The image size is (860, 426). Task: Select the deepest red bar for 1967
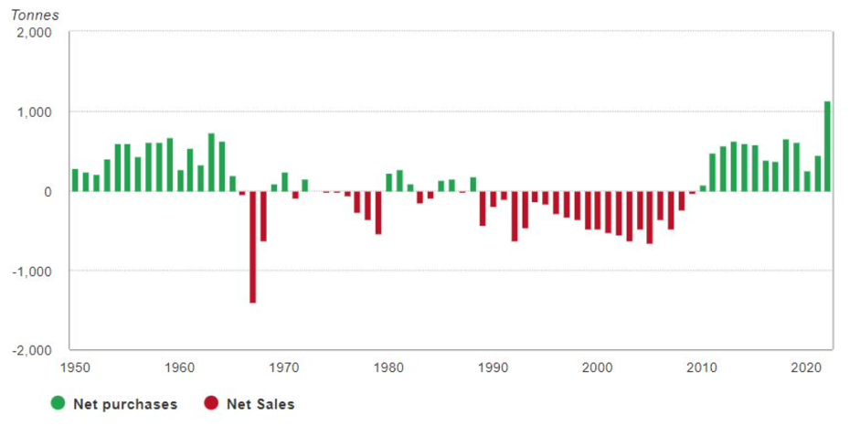(x=252, y=247)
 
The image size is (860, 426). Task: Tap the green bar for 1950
(x=75, y=180)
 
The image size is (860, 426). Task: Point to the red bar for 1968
(x=263, y=216)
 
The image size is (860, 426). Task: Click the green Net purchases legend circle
(x=57, y=403)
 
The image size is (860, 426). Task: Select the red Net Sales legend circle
(x=209, y=403)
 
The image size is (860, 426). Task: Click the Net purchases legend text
(x=124, y=403)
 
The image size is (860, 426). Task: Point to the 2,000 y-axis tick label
(x=35, y=33)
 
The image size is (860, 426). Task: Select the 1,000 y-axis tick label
(x=35, y=112)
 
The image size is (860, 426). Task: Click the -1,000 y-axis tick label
(x=32, y=272)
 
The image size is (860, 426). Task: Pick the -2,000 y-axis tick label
(x=32, y=351)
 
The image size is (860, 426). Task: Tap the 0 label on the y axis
(x=47, y=192)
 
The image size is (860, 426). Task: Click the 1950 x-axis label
(x=75, y=367)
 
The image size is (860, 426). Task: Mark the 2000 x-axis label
(x=598, y=367)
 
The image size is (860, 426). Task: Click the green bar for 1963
(x=211, y=163)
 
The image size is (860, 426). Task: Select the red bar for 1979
(x=378, y=213)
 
